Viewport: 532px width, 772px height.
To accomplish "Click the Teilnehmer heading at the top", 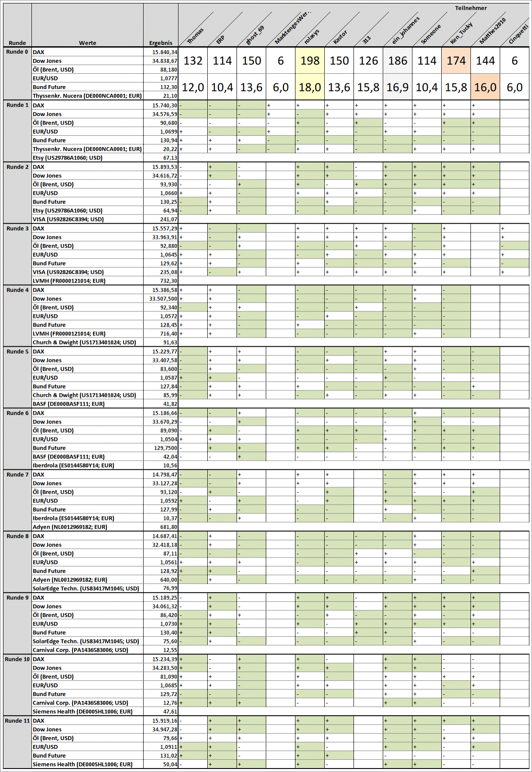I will pos(470,8).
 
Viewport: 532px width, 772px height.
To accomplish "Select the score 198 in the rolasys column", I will pos(310,61).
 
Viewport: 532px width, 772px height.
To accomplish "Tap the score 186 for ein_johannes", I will pos(398,61).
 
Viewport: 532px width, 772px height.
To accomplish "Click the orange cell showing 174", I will pos(456,61).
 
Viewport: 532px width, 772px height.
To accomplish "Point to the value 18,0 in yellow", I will pos(310,87).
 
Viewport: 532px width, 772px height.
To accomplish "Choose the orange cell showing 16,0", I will pos(485,87).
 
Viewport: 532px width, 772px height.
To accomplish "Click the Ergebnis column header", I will pos(161,43).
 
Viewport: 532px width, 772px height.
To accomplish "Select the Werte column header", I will pos(87,43).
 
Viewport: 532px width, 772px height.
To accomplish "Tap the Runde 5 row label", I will pos(17,352).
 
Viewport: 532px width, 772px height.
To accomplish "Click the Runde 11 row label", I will pos(17,720).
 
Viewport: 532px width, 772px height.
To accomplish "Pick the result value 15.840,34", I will pos(165,52).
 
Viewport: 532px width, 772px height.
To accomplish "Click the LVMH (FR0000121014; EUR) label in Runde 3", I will pos(69,281).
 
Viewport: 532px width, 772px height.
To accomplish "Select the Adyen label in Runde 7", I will pos(70,527).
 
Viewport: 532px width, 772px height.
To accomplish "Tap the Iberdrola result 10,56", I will pos(170,465).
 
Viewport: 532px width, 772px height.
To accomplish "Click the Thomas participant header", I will pos(195,36).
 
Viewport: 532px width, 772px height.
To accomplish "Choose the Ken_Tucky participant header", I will pos(461,33).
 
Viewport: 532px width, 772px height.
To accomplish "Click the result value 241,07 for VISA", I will pos(168,220).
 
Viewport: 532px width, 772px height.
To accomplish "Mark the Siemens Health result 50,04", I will pos(170,765).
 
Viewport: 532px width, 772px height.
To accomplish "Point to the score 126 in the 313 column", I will pos(368,61).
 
